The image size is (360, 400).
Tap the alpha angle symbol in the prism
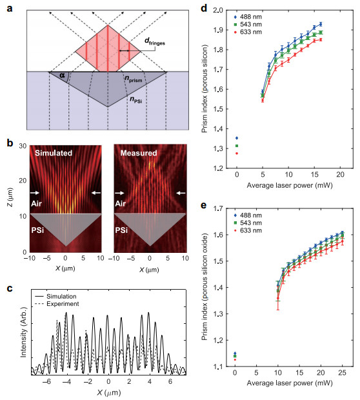coord(62,75)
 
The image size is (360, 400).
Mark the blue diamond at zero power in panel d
coord(237,138)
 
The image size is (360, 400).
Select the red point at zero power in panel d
coord(237,154)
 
